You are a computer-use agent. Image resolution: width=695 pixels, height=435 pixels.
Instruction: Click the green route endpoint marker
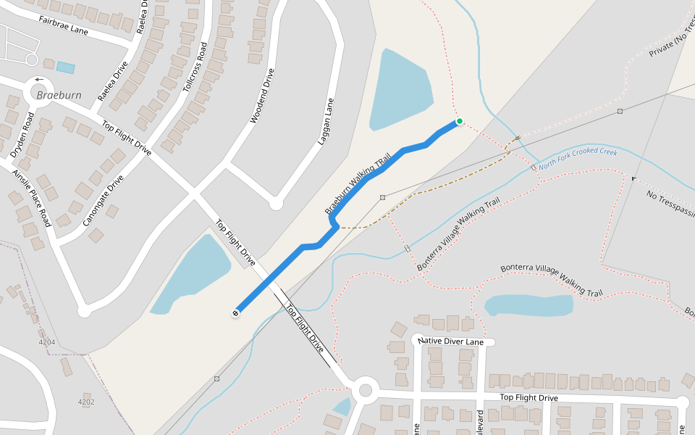coord(459,122)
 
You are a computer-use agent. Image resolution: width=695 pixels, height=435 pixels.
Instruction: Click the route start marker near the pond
coord(236,313)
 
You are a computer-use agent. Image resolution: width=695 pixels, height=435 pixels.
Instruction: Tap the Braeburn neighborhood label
coord(59,96)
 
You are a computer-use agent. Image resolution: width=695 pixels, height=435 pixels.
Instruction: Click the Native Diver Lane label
coord(450,341)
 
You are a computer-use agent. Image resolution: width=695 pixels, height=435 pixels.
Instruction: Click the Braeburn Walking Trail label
coord(358,183)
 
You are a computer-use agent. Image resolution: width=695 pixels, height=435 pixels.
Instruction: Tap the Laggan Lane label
coord(326,121)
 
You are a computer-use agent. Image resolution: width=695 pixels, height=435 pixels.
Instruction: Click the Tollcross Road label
coord(195,65)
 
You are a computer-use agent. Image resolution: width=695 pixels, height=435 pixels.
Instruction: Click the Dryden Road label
coord(21,135)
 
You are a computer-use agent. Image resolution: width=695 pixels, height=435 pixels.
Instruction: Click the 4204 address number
coord(46,341)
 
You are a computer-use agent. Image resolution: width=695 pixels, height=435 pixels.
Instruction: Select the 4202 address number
coord(85,402)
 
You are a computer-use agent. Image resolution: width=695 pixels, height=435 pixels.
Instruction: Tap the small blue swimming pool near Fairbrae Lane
coord(65,67)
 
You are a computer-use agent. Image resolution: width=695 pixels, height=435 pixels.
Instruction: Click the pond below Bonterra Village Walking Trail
coord(528,305)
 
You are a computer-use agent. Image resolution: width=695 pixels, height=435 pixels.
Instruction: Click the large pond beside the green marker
coord(398,91)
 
